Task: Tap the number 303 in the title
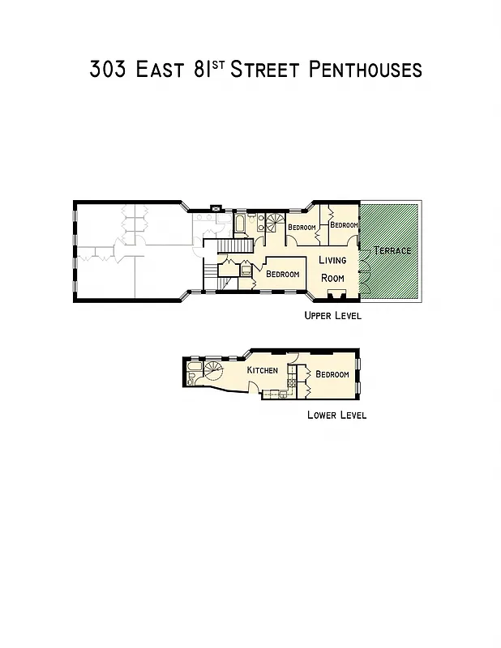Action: coord(109,69)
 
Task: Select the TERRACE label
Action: coord(392,250)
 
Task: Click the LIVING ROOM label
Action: coord(332,268)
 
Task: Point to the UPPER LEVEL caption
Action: coord(332,316)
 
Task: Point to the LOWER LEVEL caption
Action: coord(336,415)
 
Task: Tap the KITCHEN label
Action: coord(263,370)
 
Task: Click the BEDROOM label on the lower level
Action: coord(332,374)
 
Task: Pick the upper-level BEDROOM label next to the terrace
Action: coord(344,224)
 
